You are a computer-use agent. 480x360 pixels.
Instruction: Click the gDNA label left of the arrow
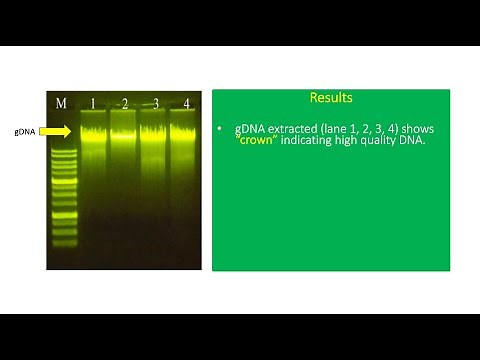(25, 131)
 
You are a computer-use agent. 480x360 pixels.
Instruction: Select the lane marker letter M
(60, 103)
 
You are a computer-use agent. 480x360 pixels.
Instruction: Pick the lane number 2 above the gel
(124, 103)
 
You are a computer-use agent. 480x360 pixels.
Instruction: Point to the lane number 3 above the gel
(155, 103)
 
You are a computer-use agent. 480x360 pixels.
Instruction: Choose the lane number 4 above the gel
(187, 103)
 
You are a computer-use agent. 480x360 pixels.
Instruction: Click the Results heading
(330, 98)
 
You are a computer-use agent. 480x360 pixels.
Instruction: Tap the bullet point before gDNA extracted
(221, 130)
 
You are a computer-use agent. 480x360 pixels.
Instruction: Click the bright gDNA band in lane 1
(93, 131)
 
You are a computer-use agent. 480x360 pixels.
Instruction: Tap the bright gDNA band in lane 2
(124, 131)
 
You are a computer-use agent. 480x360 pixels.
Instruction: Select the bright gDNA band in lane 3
(155, 131)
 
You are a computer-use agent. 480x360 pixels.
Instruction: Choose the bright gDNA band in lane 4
(186, 131)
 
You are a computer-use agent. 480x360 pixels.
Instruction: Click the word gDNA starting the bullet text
(250, 129)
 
